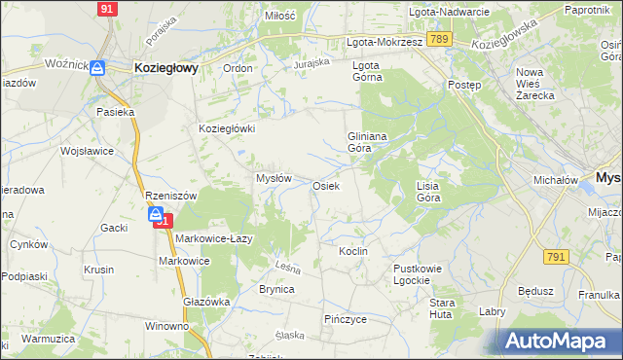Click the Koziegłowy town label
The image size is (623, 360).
[x=165, y=68]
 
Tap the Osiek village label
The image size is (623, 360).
[x=325, y=186]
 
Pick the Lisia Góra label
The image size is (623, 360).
[x=428, y=191]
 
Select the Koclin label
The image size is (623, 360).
[x=352, y=251]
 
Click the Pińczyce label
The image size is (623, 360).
[x=345, y=318]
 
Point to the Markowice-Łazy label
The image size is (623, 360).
[x=214, y=239]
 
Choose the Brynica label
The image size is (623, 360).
[x=276, y=289]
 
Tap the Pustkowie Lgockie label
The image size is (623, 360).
[x=418, y=273]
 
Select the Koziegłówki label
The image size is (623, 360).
[x=227, y=128]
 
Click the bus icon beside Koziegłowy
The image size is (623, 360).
[x=97, y=68]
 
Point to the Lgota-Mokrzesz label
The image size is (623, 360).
[x=385, y=43]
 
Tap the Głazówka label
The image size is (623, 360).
[x=206, y=302]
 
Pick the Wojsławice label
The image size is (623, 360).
[x=88, y=152]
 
